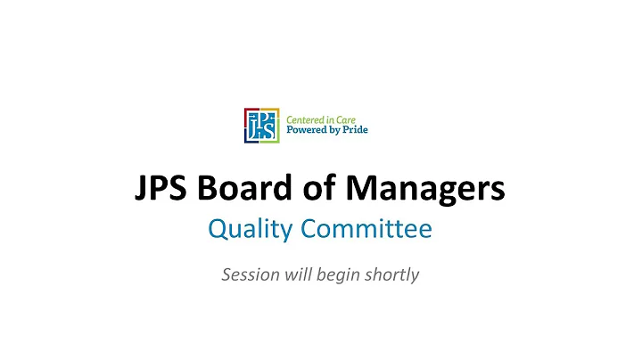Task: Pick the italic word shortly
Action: point(391,275)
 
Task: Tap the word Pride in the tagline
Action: point(354,130)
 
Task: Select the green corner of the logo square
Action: point(276,111)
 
